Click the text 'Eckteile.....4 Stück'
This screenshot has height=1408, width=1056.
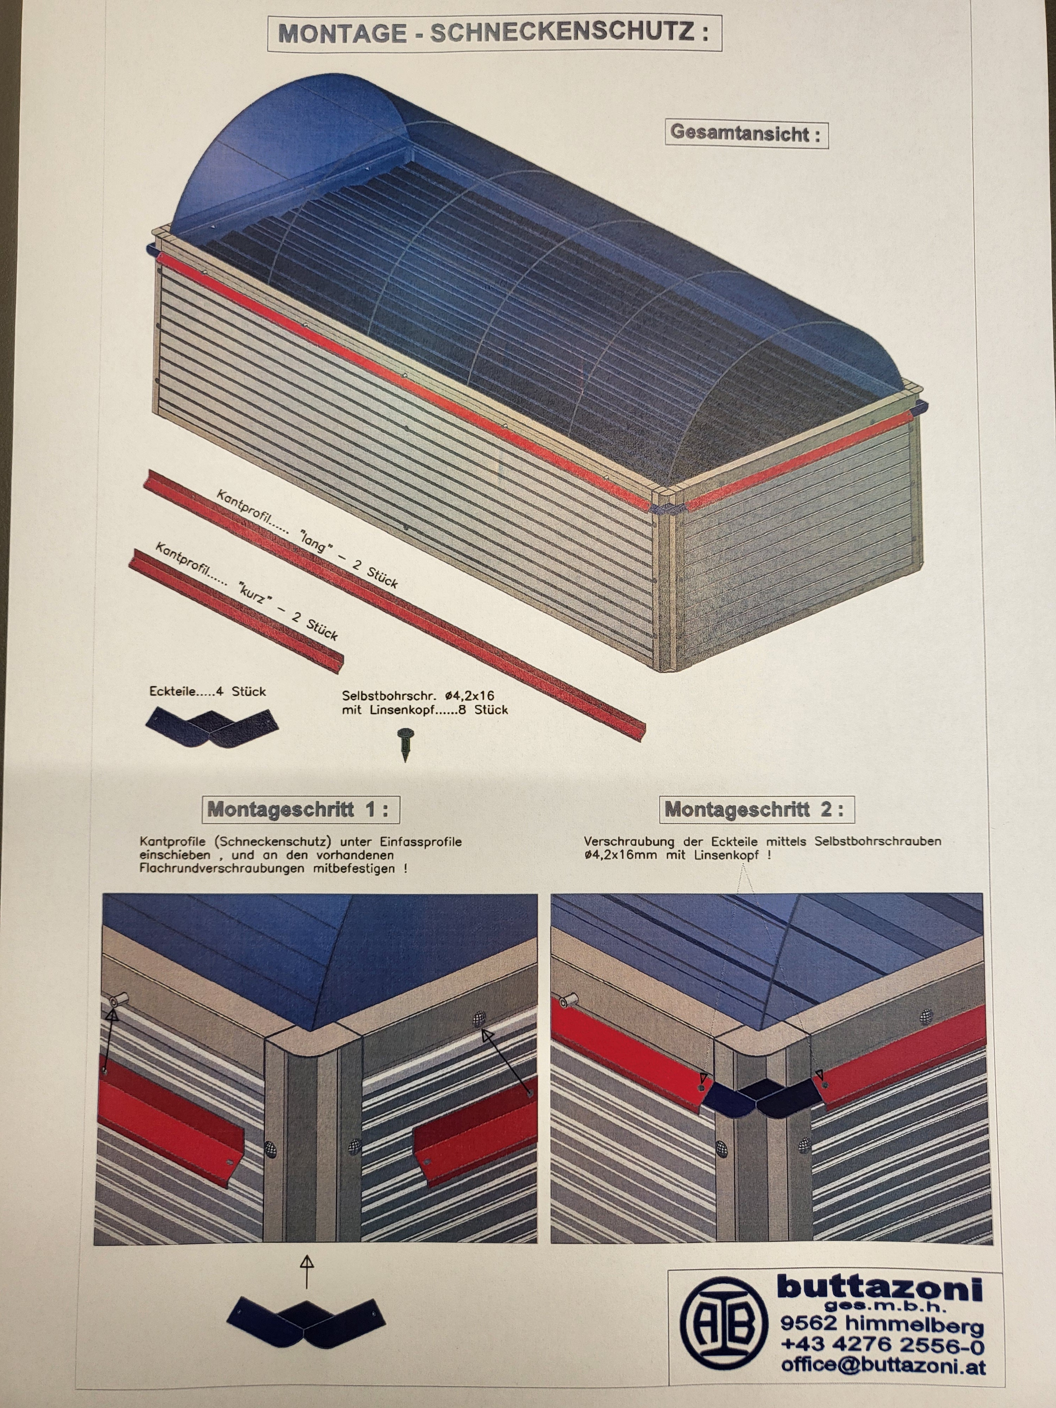point(208,692)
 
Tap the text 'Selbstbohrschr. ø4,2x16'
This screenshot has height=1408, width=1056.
point(417,696)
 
